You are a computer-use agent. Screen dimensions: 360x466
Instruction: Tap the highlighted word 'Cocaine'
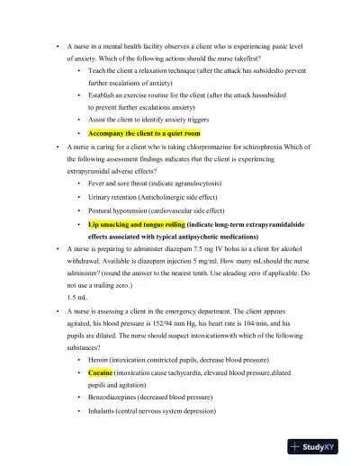[101, 372]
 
